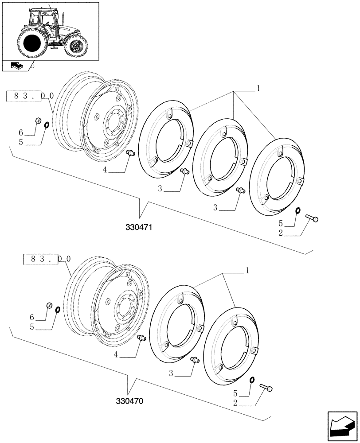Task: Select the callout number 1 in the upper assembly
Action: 258,89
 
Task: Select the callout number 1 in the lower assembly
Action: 247,270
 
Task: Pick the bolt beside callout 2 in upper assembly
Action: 313,218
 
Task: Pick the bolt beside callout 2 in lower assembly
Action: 266,388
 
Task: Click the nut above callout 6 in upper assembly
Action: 38,120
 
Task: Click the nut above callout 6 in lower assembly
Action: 50,306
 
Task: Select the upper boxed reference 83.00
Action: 31,96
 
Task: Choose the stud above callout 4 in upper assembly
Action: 131,153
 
